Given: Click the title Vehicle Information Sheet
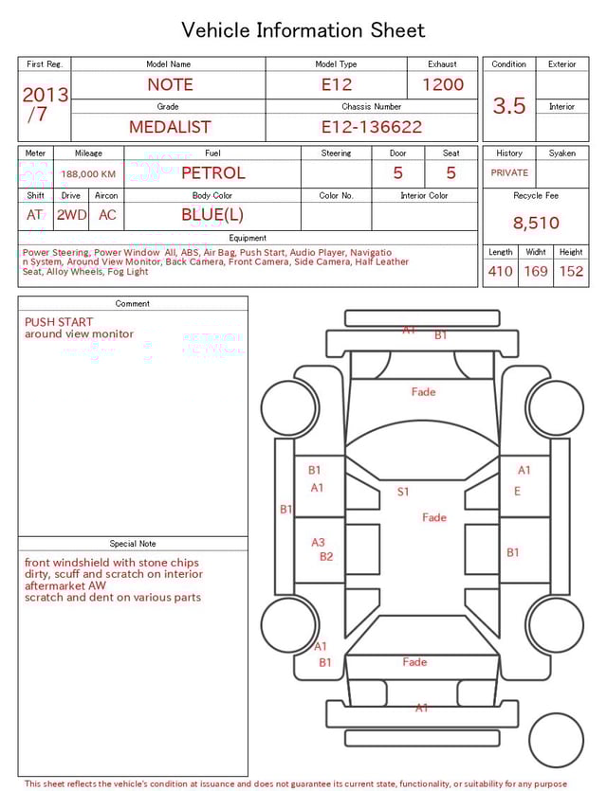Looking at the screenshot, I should click(303, 30).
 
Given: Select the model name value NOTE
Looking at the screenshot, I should click(170, 84).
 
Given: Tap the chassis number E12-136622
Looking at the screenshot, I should click(371, 127).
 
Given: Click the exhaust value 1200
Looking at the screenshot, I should click(443, 84).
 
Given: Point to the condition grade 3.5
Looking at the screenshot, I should click(509, 105).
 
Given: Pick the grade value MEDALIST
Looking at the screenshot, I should click(170, 127).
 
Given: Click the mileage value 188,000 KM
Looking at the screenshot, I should click(88, 174).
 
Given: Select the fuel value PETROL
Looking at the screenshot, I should click(212, 173).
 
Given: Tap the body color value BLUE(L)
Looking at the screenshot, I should click(212, 215).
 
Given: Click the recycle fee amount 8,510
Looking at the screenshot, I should click(536, 224).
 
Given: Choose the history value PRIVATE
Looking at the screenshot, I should click(509, 173).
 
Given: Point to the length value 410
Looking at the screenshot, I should click(500, 272).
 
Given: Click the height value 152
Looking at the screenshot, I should click(571, 272).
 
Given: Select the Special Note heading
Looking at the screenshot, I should click(133, 544).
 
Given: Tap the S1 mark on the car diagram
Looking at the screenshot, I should click(403, 492).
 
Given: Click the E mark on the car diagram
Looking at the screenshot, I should click(517, 492).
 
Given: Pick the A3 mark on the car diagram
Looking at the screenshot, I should click(319, 543).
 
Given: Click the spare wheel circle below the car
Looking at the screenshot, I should click(556, 740).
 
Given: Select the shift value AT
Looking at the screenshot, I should click(35, 215).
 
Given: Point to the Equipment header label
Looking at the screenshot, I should click(248, 238).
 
